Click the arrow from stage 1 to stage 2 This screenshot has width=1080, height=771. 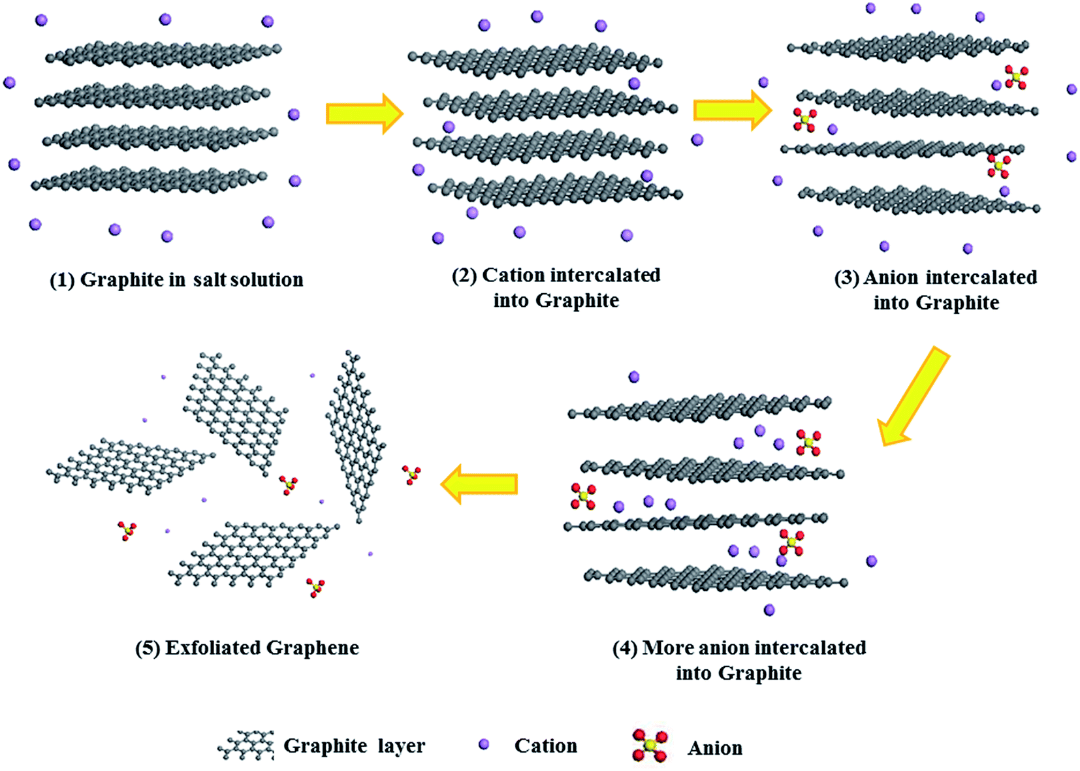pos(364,114)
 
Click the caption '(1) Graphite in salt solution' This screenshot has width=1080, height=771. pos(176,280)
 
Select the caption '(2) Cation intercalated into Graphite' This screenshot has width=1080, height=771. pos(556,287)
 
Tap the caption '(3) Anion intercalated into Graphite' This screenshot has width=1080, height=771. pos(936,290)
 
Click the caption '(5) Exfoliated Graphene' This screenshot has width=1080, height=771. pos(247,648)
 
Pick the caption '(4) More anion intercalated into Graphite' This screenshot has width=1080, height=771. pos(739,660)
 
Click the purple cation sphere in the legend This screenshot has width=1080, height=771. pos(484,744)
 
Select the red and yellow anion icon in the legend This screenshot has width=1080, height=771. pos(650,746)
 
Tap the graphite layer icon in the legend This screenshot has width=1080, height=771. pos(246,746)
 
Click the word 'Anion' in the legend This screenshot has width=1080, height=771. pos(714,748)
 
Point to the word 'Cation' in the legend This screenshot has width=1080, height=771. pos(545,746)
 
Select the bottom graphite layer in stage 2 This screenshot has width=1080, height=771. pos(555,190)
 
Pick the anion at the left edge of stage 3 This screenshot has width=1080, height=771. pos(804,119)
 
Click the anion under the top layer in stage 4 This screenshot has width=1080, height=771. pos(808,442)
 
